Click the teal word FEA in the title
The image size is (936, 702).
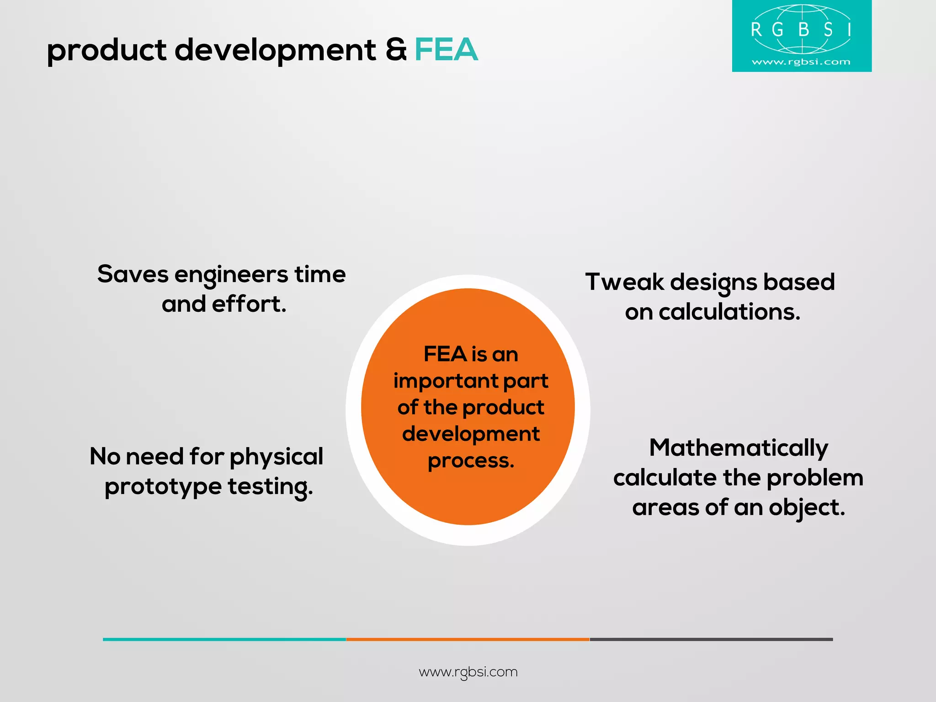tap(446, 49)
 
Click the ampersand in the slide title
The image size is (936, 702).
tap(396, 49)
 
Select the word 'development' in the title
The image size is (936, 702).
tap(275, 50)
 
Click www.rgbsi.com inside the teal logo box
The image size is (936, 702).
tap(801, 62)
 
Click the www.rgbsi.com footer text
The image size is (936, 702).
tap(468, 672)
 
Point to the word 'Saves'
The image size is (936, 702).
tap(133, 274)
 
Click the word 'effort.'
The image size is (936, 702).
tap(249, 304)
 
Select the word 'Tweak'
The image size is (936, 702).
tap(624, 282)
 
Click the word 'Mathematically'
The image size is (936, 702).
tap(739, 448)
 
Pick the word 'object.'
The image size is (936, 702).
tap(807, 508)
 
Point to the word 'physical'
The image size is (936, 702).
tap(277, 457)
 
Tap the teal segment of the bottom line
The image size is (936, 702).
tap(224, 639)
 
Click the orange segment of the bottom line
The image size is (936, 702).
tap(468, 639)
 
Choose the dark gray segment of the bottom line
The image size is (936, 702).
tap(711, 639)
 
